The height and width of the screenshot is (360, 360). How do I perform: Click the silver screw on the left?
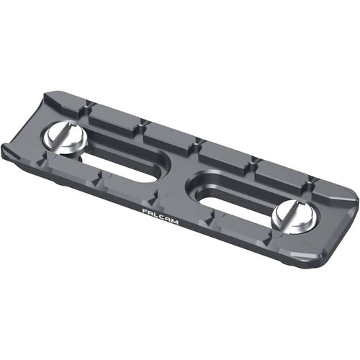pos(67,137)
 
